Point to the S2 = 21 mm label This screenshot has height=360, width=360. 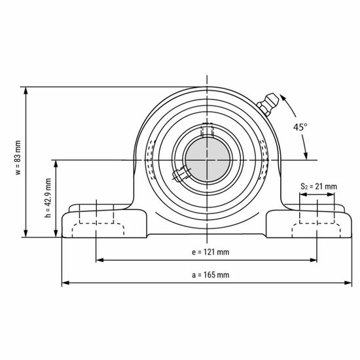pos(319,187)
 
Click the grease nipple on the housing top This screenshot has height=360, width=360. pos(268,105)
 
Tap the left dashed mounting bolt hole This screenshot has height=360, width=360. pos(96,219)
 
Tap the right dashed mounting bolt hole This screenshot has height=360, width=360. pos(317,219)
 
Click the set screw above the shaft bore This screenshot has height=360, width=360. pos(207,130)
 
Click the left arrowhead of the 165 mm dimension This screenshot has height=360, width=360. pos(65,283)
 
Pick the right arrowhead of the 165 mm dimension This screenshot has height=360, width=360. pos(347,283)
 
